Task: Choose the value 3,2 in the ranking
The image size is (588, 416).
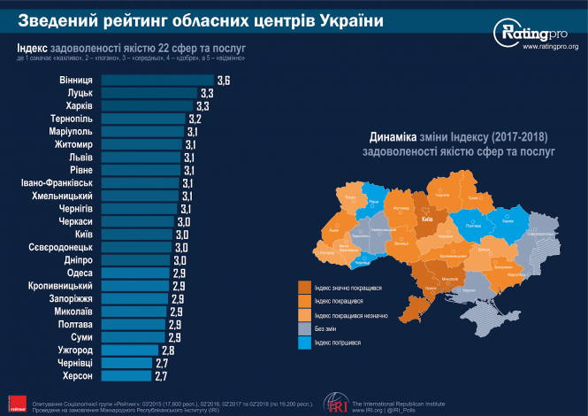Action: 195,119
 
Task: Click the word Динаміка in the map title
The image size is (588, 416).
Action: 391,137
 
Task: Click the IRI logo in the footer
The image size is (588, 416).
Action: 335,402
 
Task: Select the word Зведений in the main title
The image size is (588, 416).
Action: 56,19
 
